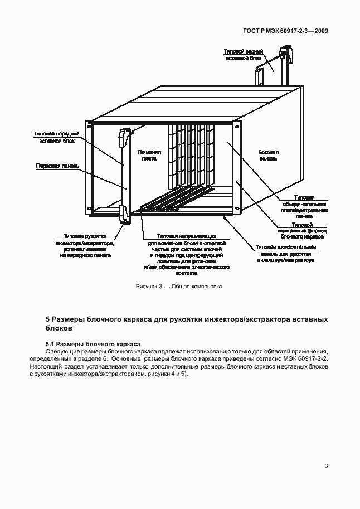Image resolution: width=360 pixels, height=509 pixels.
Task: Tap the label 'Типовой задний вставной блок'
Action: (240, 55)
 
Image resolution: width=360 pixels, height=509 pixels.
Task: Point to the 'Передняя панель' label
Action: (58, 166)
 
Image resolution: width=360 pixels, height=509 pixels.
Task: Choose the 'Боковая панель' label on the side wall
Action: (268, 155)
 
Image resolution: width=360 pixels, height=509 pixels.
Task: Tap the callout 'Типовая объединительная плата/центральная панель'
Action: (304, 206)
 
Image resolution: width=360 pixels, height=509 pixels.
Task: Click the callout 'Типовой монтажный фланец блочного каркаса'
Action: (301, 230)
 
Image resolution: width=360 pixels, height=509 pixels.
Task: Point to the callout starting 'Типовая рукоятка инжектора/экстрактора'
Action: (87, 246)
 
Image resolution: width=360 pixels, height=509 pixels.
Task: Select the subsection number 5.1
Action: (50, 344)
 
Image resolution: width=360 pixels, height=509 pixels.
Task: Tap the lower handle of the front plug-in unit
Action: (124, 215)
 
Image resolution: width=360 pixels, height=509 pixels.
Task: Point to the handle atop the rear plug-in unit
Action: (285, 53)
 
